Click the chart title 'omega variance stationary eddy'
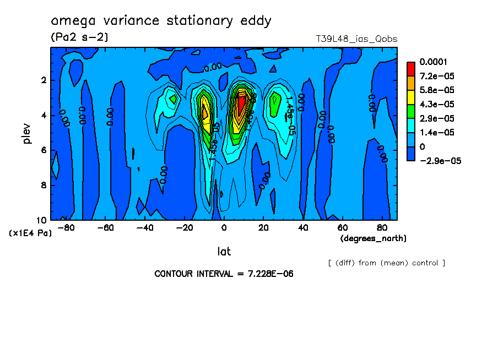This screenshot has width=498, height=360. pos(161,21)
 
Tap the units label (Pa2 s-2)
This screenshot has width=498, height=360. pos(79,38)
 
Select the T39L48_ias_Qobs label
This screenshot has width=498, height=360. pos(356,39)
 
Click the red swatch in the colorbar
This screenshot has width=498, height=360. pos(411,68)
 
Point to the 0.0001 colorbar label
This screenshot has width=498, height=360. pos(433,62)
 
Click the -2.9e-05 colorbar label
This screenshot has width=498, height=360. pos(439,161)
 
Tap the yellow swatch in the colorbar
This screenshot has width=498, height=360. pos(411,97)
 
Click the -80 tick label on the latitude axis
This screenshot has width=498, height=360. pos(66,227)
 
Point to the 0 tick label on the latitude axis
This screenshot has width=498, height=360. pos(224,227)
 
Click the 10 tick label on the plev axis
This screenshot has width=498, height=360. pos(42,220)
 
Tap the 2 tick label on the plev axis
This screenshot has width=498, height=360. pos(44,80)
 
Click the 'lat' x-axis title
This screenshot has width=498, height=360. pos(224,252)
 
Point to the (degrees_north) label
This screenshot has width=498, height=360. pos(373,238)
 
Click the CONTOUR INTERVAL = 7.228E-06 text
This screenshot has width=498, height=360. pos(224,274)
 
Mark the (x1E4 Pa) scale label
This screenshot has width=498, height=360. pos(30,233)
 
